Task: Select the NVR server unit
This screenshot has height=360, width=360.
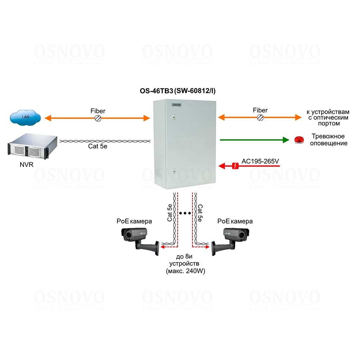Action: coord(31,147)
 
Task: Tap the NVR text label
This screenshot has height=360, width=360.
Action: coord(26,166)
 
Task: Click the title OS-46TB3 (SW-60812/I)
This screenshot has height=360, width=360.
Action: coord(180,91)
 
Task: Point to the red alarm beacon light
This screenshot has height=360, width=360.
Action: coord(299,140)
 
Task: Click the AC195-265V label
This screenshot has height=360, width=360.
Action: coord(260,162)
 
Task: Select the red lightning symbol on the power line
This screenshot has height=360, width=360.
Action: coord(235,166)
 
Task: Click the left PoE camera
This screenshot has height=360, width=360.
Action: coord(139,239)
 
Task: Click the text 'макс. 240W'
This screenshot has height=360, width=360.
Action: coord(186,271)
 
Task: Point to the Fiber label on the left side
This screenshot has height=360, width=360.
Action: coord(98,111)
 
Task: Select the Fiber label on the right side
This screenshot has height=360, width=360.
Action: coord(260,110)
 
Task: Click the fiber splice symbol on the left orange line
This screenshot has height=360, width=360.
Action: coord(97,118)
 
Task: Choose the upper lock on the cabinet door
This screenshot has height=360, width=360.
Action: coord(174,117)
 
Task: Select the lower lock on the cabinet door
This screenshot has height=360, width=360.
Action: coord(174,172)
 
